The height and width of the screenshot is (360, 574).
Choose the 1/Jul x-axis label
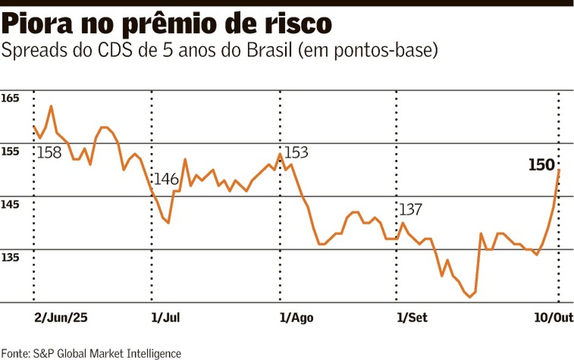click(x=165, y=317)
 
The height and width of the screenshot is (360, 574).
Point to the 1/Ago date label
click(x=297, y=317)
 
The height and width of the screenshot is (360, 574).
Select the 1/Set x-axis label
click(x=412, y=317)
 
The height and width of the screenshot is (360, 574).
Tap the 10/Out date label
click(x=554, y=317)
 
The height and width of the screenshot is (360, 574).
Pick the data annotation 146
click(x=166, y=179)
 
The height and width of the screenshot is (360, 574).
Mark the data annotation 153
click(x=295, y=153)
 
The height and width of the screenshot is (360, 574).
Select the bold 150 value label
click(x=541, y=166)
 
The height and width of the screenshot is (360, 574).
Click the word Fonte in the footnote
click(x=15, y=353)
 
